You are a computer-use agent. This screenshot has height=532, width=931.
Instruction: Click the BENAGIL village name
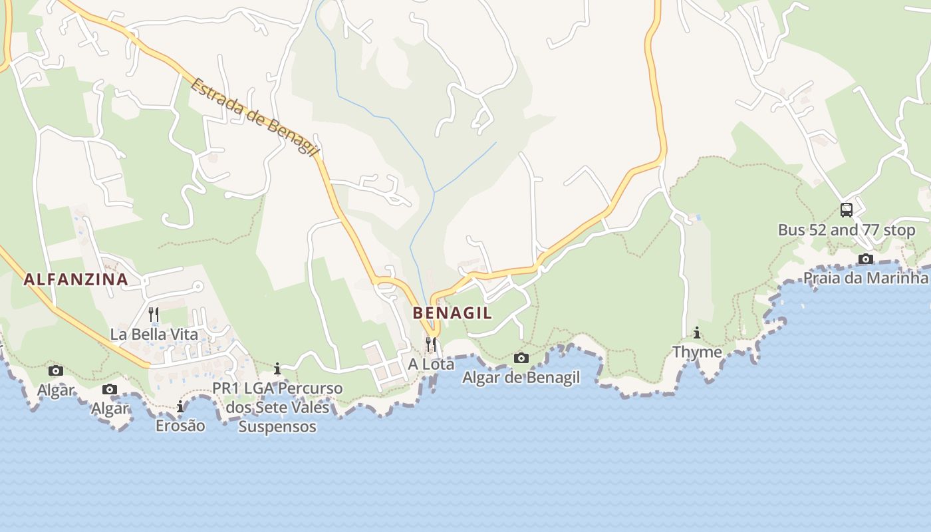tap(452, 313)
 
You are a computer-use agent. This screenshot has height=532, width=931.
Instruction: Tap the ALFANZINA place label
tap(76, 279)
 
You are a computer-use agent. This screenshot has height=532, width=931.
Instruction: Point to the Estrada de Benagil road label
tap(255, 117)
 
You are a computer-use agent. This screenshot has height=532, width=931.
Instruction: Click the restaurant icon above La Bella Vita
tap(154, 314)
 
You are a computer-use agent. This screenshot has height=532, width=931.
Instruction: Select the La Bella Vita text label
tap(154, 334)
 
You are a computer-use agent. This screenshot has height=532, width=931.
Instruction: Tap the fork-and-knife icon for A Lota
tap(431, 344)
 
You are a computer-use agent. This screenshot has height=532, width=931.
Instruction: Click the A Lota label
tap(431, 364)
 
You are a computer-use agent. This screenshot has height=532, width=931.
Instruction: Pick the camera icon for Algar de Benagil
tap(521, 358)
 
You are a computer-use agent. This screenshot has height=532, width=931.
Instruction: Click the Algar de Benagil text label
tap(521, 378)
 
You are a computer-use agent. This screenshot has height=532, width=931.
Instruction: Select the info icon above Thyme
tap(697, 332)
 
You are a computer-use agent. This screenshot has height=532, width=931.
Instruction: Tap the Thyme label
tap(697, 352)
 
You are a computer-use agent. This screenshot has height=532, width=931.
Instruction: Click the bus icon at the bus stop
tap(847, 210)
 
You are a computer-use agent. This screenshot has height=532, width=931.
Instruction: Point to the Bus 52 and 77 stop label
tap(847, 230)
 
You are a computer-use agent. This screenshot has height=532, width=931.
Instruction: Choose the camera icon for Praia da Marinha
tap(865, 259)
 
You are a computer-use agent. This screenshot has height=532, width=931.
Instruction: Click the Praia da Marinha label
tap(865, 278)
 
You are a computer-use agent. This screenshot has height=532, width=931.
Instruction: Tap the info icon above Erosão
tap(180, 406)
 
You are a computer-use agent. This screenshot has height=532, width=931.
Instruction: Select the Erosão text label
tap(180, 426)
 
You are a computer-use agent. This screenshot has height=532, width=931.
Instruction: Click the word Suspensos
tap(277, 426)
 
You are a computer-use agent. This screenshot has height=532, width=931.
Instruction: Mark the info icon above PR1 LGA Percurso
tap(277, 368)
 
